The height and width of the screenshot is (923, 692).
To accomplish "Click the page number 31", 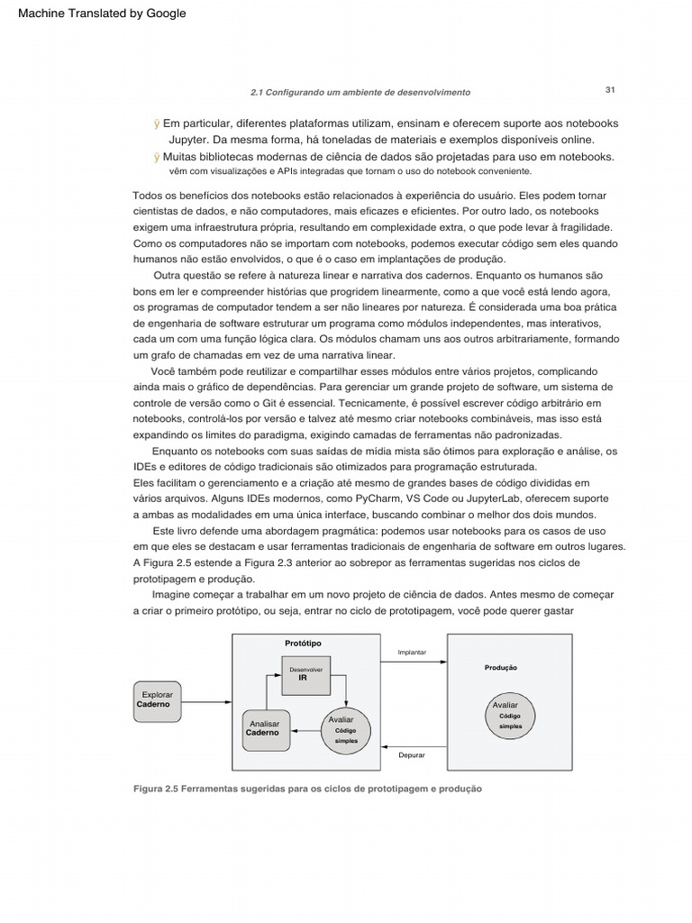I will pos(610,89).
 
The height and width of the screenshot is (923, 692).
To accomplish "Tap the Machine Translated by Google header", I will pos(102,14).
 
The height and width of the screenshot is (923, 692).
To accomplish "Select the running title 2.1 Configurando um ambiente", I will pos(360,93).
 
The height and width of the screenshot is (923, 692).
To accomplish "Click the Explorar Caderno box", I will pos(158,700).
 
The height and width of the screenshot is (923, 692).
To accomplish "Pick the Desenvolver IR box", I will pos(306,674).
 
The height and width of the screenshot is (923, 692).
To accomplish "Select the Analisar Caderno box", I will pos(264,729).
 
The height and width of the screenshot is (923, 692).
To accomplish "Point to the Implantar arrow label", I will pos(411,652).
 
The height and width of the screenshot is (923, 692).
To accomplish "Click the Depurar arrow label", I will pos(411,755).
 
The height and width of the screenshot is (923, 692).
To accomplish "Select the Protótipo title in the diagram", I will pos(303,643).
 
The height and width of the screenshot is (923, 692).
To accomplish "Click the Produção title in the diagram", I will pos(500,668).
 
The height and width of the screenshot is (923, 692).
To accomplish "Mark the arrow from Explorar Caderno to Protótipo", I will pos(206,701).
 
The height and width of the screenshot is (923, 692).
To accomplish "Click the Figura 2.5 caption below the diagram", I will pos(307,789).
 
